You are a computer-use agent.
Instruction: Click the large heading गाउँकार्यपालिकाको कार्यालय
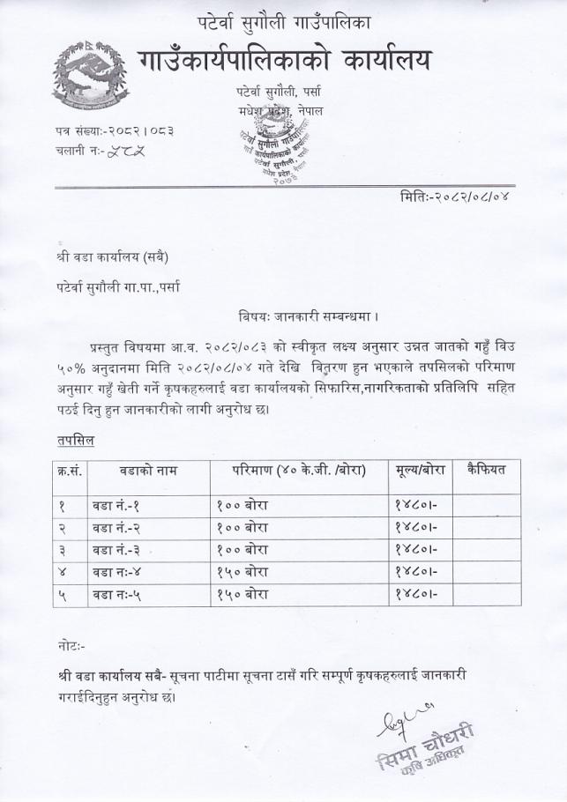point(287,59)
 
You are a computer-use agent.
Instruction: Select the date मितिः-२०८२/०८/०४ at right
point(451,196)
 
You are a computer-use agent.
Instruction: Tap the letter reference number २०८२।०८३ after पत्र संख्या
point(139,131)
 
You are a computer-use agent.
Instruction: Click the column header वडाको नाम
point(147,471)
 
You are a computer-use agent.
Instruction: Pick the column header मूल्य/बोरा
point(419,471)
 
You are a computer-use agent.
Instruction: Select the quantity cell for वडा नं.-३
point(242,551)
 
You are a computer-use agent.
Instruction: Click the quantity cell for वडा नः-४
point(242,573)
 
